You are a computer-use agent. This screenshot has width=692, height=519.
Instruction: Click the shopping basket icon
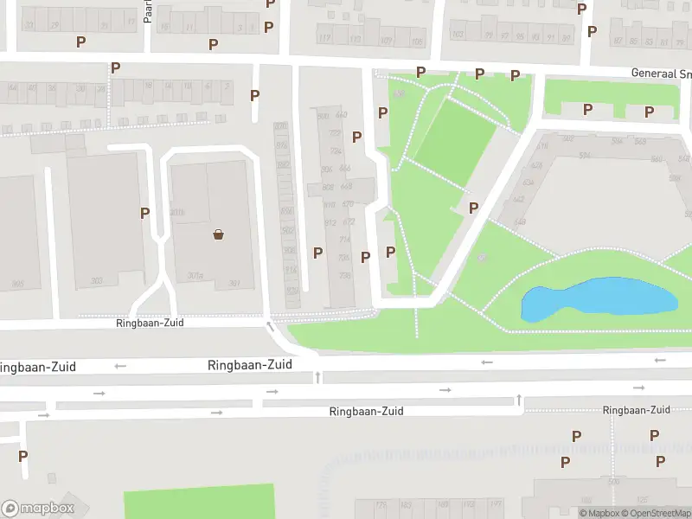tap(219, 234)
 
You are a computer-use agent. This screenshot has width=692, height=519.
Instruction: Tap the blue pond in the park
tap(597, 299)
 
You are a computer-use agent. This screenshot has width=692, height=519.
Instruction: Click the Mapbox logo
tap(38, 509)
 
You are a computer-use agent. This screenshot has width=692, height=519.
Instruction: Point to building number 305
tap(18, 283)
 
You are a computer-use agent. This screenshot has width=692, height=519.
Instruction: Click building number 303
tap(97, 280)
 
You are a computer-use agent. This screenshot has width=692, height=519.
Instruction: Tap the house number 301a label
tap(195, 276)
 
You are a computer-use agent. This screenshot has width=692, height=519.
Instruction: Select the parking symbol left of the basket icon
tap(144, 212)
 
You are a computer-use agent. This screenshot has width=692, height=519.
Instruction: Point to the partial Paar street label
tap(148, 11)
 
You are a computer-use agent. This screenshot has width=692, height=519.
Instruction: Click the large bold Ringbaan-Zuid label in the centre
tap(249, 366)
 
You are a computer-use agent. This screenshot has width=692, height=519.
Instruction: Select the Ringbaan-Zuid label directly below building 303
tap(151, 323)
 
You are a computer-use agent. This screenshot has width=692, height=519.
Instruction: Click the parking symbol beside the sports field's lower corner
tap(473, 208)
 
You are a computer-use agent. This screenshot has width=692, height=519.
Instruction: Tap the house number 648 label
tap(520, 221)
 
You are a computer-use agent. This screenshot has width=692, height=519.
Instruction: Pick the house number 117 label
tap(324, 39)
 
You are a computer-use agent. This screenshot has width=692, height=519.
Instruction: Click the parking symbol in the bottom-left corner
tap(22, 456)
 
